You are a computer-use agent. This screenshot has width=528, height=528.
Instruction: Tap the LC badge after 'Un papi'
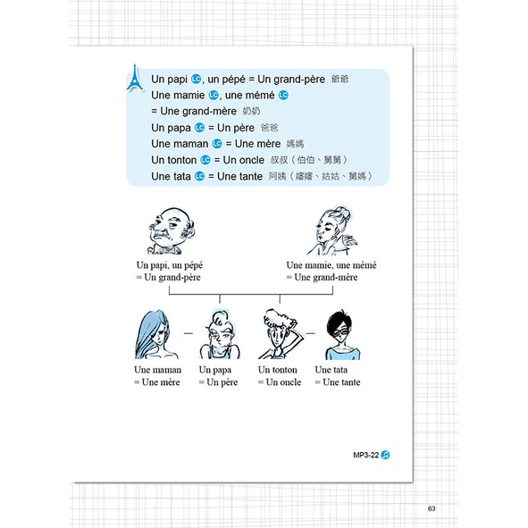(x=196, y=80)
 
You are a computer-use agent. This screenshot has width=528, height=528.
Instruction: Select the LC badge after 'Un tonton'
(x=205, y=160)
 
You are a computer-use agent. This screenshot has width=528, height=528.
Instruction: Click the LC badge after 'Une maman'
(x=217, y=144)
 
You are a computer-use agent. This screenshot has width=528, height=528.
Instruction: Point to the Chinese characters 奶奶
(x=251, y=111)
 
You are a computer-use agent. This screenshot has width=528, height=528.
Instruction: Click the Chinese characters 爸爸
(x=270, y=128)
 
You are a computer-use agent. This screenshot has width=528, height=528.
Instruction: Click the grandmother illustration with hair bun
(x=331, y=231)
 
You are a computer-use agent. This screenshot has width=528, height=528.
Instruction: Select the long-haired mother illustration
(x=155, y=335)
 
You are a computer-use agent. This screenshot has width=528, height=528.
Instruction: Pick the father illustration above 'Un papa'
(x=220, y=335)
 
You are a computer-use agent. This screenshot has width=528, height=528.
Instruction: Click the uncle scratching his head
(x=279, y=334)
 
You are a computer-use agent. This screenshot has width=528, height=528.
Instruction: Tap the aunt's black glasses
(x=342, y=333)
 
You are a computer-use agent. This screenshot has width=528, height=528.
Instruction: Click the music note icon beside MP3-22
(x=385, y=455)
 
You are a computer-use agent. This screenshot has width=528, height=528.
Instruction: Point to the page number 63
(x=432, y=508)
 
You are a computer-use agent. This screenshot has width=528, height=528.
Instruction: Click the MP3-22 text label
(x=366, y=455)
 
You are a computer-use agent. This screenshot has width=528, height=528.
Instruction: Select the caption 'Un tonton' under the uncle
(x=278, y=370)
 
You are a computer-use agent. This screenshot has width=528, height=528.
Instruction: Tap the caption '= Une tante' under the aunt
(x=338, y=382)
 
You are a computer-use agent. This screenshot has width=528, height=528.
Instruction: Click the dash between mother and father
(x=189, y=333)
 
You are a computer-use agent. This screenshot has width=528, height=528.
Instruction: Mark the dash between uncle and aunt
(x=311, y=333)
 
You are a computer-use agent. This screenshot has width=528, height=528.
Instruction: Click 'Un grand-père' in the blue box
(x=291, y=80)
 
